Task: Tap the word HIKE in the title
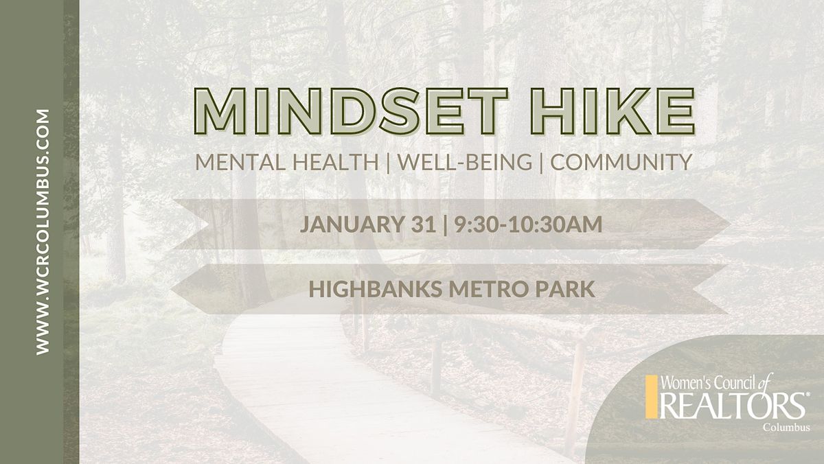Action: pos(613,112)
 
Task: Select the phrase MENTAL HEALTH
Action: pos(287,162)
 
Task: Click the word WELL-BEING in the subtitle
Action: pos(465,162)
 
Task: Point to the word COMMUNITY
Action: pos(621,162)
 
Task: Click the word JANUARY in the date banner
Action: pos(352,224)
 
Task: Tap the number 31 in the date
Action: pos(424,224)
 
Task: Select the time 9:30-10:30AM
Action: pos(528,224)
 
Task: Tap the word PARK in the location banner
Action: pos(565,289)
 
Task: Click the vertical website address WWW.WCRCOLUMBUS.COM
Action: pos(43,232)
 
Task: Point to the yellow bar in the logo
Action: pos(651,397)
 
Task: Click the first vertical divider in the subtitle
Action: pos(389,163)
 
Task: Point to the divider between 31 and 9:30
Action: pos(446,224)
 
